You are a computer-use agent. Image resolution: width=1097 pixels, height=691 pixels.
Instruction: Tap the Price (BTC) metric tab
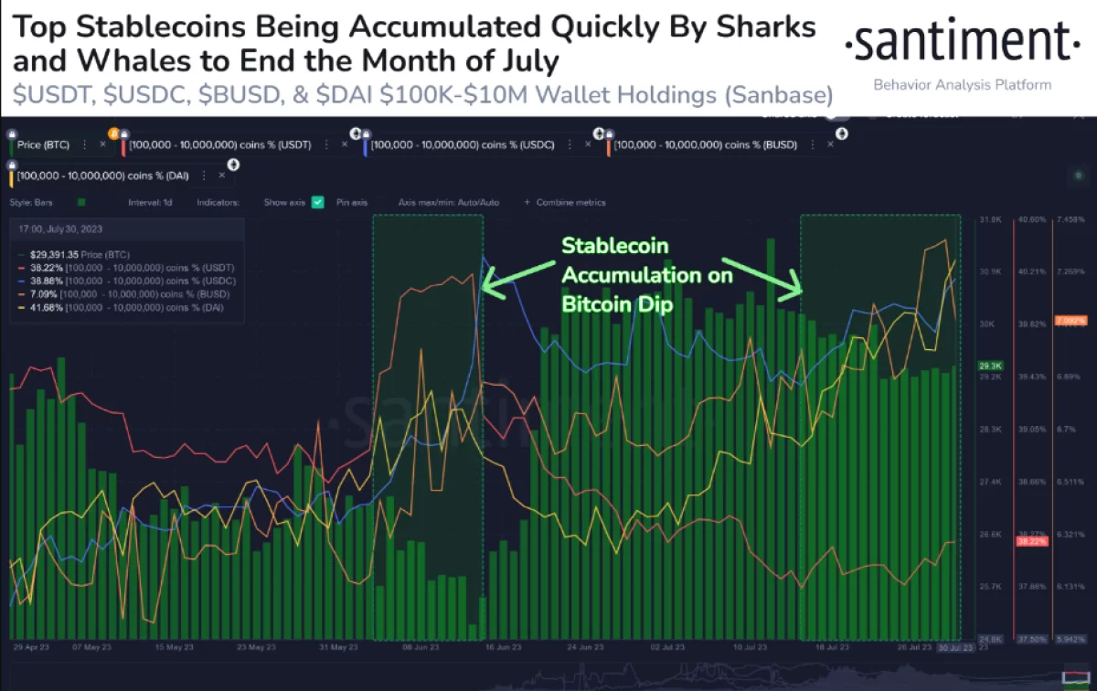coord(42,144)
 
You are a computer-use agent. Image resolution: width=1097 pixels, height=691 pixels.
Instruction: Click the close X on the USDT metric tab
coord(345,144)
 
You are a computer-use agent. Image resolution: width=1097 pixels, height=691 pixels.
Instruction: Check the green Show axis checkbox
coord(317,202)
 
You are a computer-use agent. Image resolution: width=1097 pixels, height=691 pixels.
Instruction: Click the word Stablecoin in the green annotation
coord(614,246)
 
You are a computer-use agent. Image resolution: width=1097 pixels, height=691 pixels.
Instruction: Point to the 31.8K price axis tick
coord(990,220)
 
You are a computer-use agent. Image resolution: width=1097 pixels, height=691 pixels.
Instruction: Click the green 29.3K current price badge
coord(990,364)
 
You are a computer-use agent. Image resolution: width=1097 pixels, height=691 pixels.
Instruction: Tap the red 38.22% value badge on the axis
coord(1030,541)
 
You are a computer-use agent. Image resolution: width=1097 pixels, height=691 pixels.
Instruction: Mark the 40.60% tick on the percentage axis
coord(1030,220)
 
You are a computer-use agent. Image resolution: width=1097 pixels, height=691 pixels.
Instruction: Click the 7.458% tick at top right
coord(1070,220)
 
